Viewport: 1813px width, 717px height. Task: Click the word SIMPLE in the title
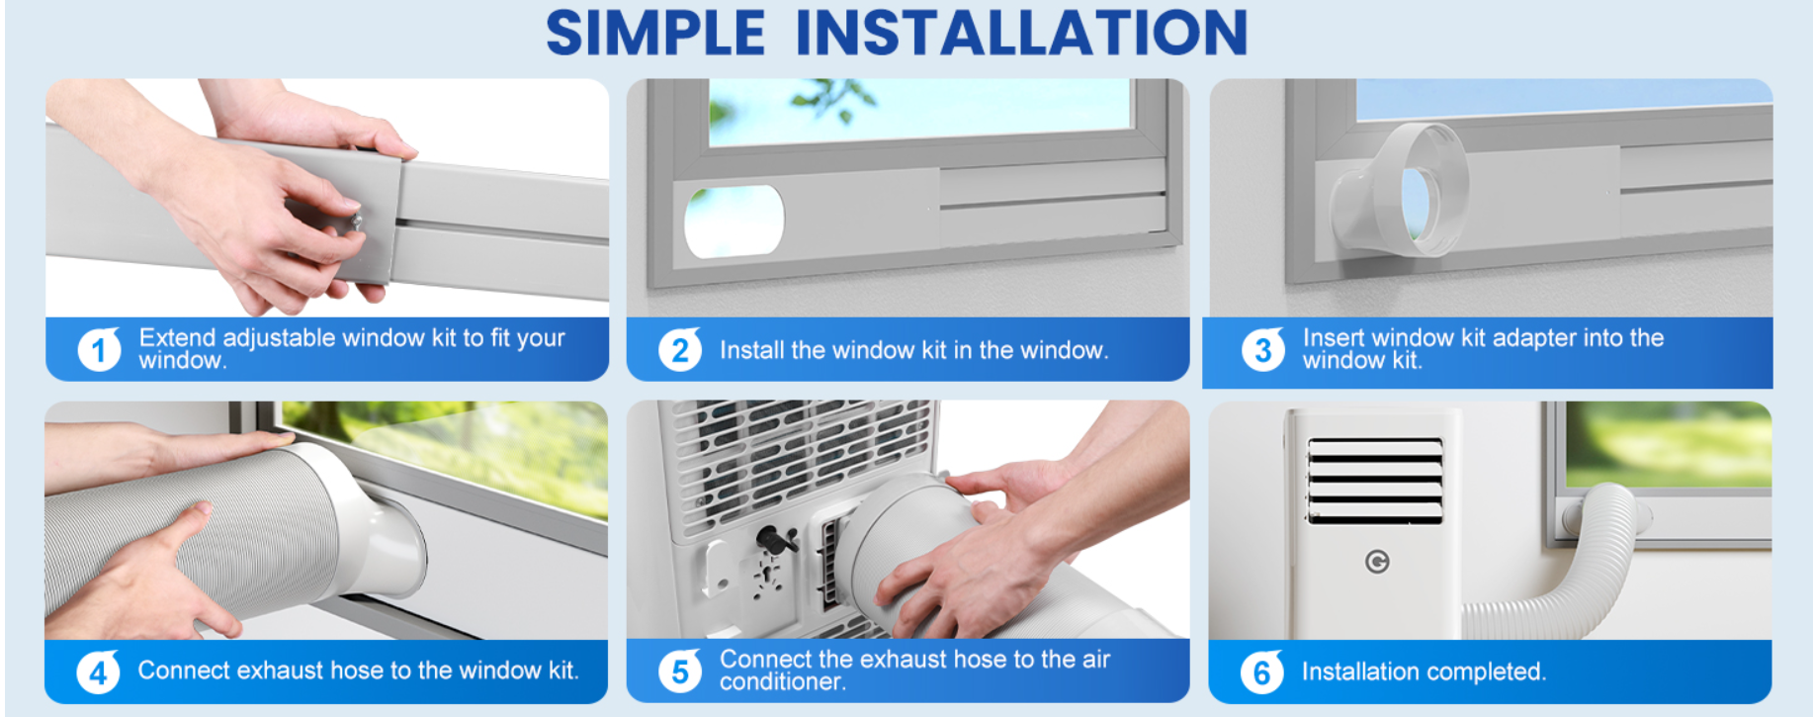(655, 33)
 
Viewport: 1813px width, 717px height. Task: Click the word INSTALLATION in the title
(1022, 33)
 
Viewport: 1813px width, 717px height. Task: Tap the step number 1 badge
(99, 349)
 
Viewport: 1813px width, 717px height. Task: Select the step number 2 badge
(680, 349)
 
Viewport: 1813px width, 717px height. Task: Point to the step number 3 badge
(1262, 349)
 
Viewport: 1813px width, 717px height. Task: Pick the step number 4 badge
(98, 672)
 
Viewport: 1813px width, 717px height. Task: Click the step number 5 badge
(680, 672)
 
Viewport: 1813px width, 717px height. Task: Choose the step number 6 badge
(1262, 672)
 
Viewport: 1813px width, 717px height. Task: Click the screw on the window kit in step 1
(354, 223)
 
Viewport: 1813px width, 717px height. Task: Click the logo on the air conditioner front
(1377, 562)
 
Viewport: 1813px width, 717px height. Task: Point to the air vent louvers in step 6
(1375, 481)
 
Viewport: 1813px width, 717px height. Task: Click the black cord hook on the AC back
(777, 540)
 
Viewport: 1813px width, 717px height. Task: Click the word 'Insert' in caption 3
(1335, 337)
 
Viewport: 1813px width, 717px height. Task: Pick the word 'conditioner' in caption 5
(782, 681)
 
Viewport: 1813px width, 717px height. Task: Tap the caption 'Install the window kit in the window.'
(913, 350)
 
